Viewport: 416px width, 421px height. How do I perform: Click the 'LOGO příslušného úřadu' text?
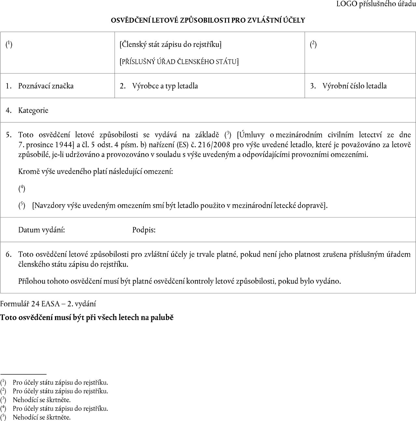pyautogui.click(x=376, y=4)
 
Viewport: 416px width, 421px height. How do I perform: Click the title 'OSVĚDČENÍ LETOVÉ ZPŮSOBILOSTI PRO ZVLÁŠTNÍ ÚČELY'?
pyautogui.click(x=208, y=20)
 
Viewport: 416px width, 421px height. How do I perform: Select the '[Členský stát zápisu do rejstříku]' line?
pyautogui.click(x=171, y=44)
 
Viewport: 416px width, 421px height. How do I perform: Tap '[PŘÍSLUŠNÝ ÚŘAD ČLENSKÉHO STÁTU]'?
pyautogui.click(x=179, y=62)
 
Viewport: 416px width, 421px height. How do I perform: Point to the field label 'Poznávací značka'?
pyautogui.click(x=46, y=86)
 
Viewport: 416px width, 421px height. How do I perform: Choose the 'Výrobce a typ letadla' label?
pyautogui.click(x=165, y=86)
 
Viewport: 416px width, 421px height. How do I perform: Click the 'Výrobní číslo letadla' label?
pyautogui.click(x=354, y=86)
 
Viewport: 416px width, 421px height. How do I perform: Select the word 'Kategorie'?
pyautogui.click(x=33, y=110)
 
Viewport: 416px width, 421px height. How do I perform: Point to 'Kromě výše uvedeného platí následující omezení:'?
pyautogui.click(x=95, y=171)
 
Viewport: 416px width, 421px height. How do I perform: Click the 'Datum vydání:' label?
pyautogui.click(x=42, y=230)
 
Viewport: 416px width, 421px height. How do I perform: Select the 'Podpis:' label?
pyautogui.click(x=144, y=230)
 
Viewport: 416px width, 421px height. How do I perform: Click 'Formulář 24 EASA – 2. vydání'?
pyautogui.click(x=48, y=304)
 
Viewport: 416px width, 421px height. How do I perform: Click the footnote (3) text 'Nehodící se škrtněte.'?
pyautogui.click(x=42, y=400)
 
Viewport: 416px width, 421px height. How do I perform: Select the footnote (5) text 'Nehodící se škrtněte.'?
pyautogui.click(x=42, y=417)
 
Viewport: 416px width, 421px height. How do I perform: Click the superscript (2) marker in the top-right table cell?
pyautogui.click(x=313, y=44)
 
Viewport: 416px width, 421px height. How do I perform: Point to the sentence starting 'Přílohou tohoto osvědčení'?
pyautogui.click(x=180, y=281)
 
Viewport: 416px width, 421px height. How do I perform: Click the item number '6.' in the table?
pyautogui.click(x=9, y=254)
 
